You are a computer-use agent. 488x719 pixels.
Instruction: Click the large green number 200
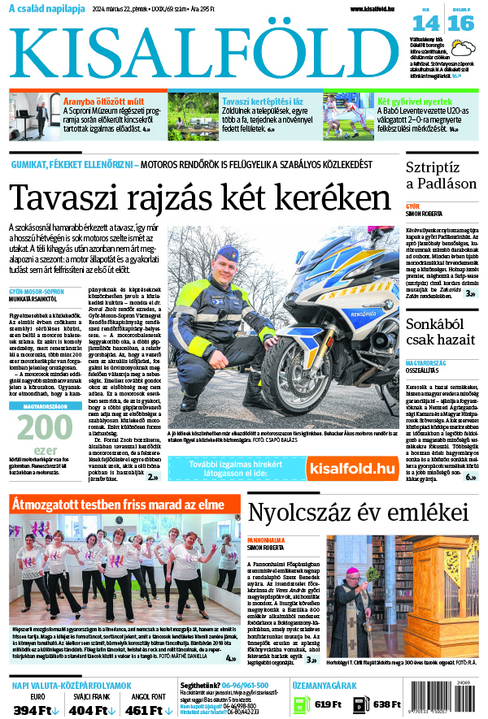pyautogui.click(x=37, y=427)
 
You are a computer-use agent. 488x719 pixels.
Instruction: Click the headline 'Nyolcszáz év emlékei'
pyautogui.click(x=350, y=512)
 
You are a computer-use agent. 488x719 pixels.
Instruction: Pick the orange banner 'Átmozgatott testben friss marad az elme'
pyautogui.click(x=118, y=505)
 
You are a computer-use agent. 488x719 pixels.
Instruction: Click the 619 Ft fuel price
pyautogui.click(x=327, y=704)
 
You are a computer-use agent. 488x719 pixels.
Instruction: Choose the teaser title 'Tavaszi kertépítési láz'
pyautogui.click(x=263, y=102)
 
